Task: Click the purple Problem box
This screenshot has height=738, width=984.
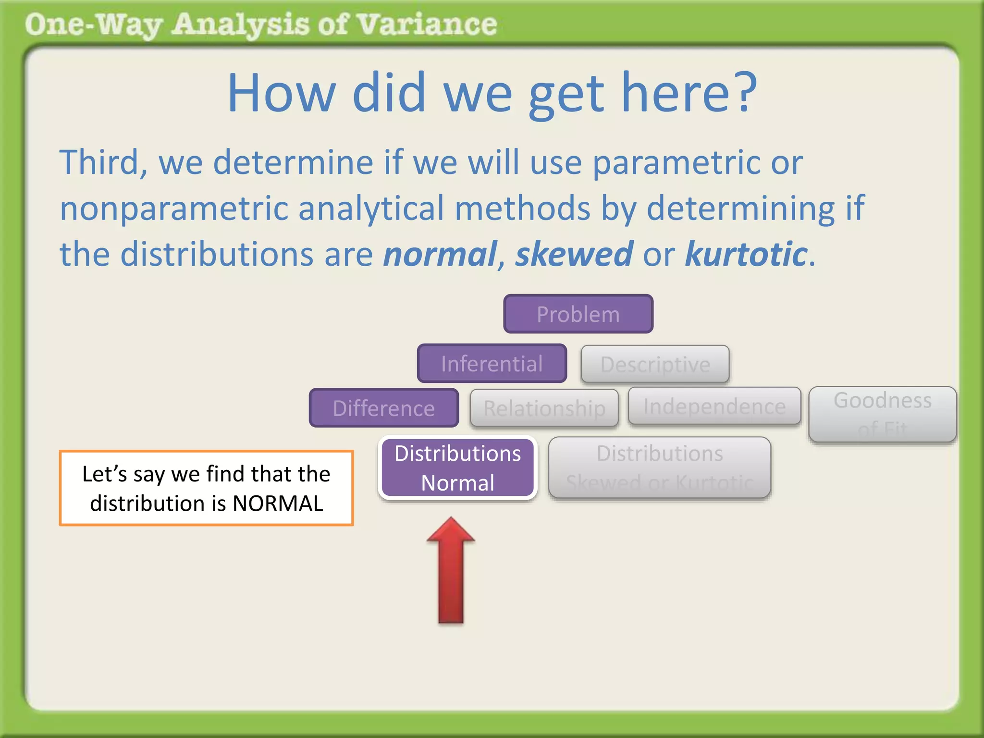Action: coord(578,314)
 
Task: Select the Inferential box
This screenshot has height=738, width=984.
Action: coord(492,364)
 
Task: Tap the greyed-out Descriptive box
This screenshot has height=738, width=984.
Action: coord(655,364)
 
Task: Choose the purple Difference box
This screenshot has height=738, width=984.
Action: coord(383,408)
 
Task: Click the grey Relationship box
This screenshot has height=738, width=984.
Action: coord(544,408)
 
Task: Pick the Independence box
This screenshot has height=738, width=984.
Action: coord(714,406)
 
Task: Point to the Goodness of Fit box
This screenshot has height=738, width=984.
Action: coord(882,414)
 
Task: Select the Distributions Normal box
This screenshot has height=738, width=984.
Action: coord(457,467)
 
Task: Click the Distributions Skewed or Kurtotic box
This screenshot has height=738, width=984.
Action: coord(659,467)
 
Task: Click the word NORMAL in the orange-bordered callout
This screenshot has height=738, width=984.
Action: coord(278,504)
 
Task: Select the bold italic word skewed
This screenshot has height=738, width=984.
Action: coord(574,254)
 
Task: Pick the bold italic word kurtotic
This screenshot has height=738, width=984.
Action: coord(746,254)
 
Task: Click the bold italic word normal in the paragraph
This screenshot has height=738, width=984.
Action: coord(440,254)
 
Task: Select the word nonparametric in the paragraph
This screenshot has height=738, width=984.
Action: coord(173,209)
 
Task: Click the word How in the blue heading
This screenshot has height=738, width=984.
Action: coord(281,92)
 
